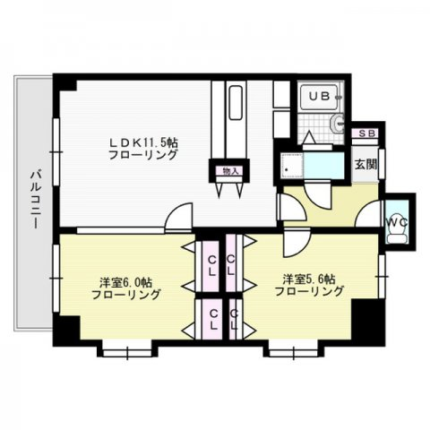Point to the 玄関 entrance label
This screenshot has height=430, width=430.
click(x=364, y=164)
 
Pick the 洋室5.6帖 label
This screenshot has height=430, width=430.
click(x=309, y=277)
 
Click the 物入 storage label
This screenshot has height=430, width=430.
click(x=230, y=170)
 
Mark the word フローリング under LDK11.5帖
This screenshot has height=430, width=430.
click(x=143, y=155)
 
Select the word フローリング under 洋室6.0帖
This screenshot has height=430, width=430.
click(x=130, y=294)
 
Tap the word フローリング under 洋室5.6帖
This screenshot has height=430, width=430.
click(x=309, y=291)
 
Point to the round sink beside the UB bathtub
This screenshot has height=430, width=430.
click(x=337, y=125)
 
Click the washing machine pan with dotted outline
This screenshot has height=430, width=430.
click(x=294, y=168)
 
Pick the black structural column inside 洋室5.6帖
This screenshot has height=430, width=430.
click(x=365, y=316)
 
